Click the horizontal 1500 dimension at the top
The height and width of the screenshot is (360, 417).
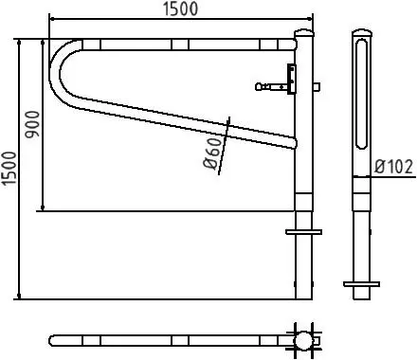point(181,9)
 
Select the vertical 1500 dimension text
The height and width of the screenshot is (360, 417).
point(9,169)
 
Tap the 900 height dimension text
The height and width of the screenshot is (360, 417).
point(32,124)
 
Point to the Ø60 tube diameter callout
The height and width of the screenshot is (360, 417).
point(212,153)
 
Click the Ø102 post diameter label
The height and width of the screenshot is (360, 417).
point(393,167)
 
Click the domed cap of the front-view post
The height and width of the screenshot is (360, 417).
point(304,32)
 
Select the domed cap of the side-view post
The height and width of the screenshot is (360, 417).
point(362,32)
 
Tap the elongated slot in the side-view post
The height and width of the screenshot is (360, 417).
point(361,94)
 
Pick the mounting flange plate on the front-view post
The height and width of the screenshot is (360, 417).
point(303,232)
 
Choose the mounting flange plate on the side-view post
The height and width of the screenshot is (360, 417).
point(362,284)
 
